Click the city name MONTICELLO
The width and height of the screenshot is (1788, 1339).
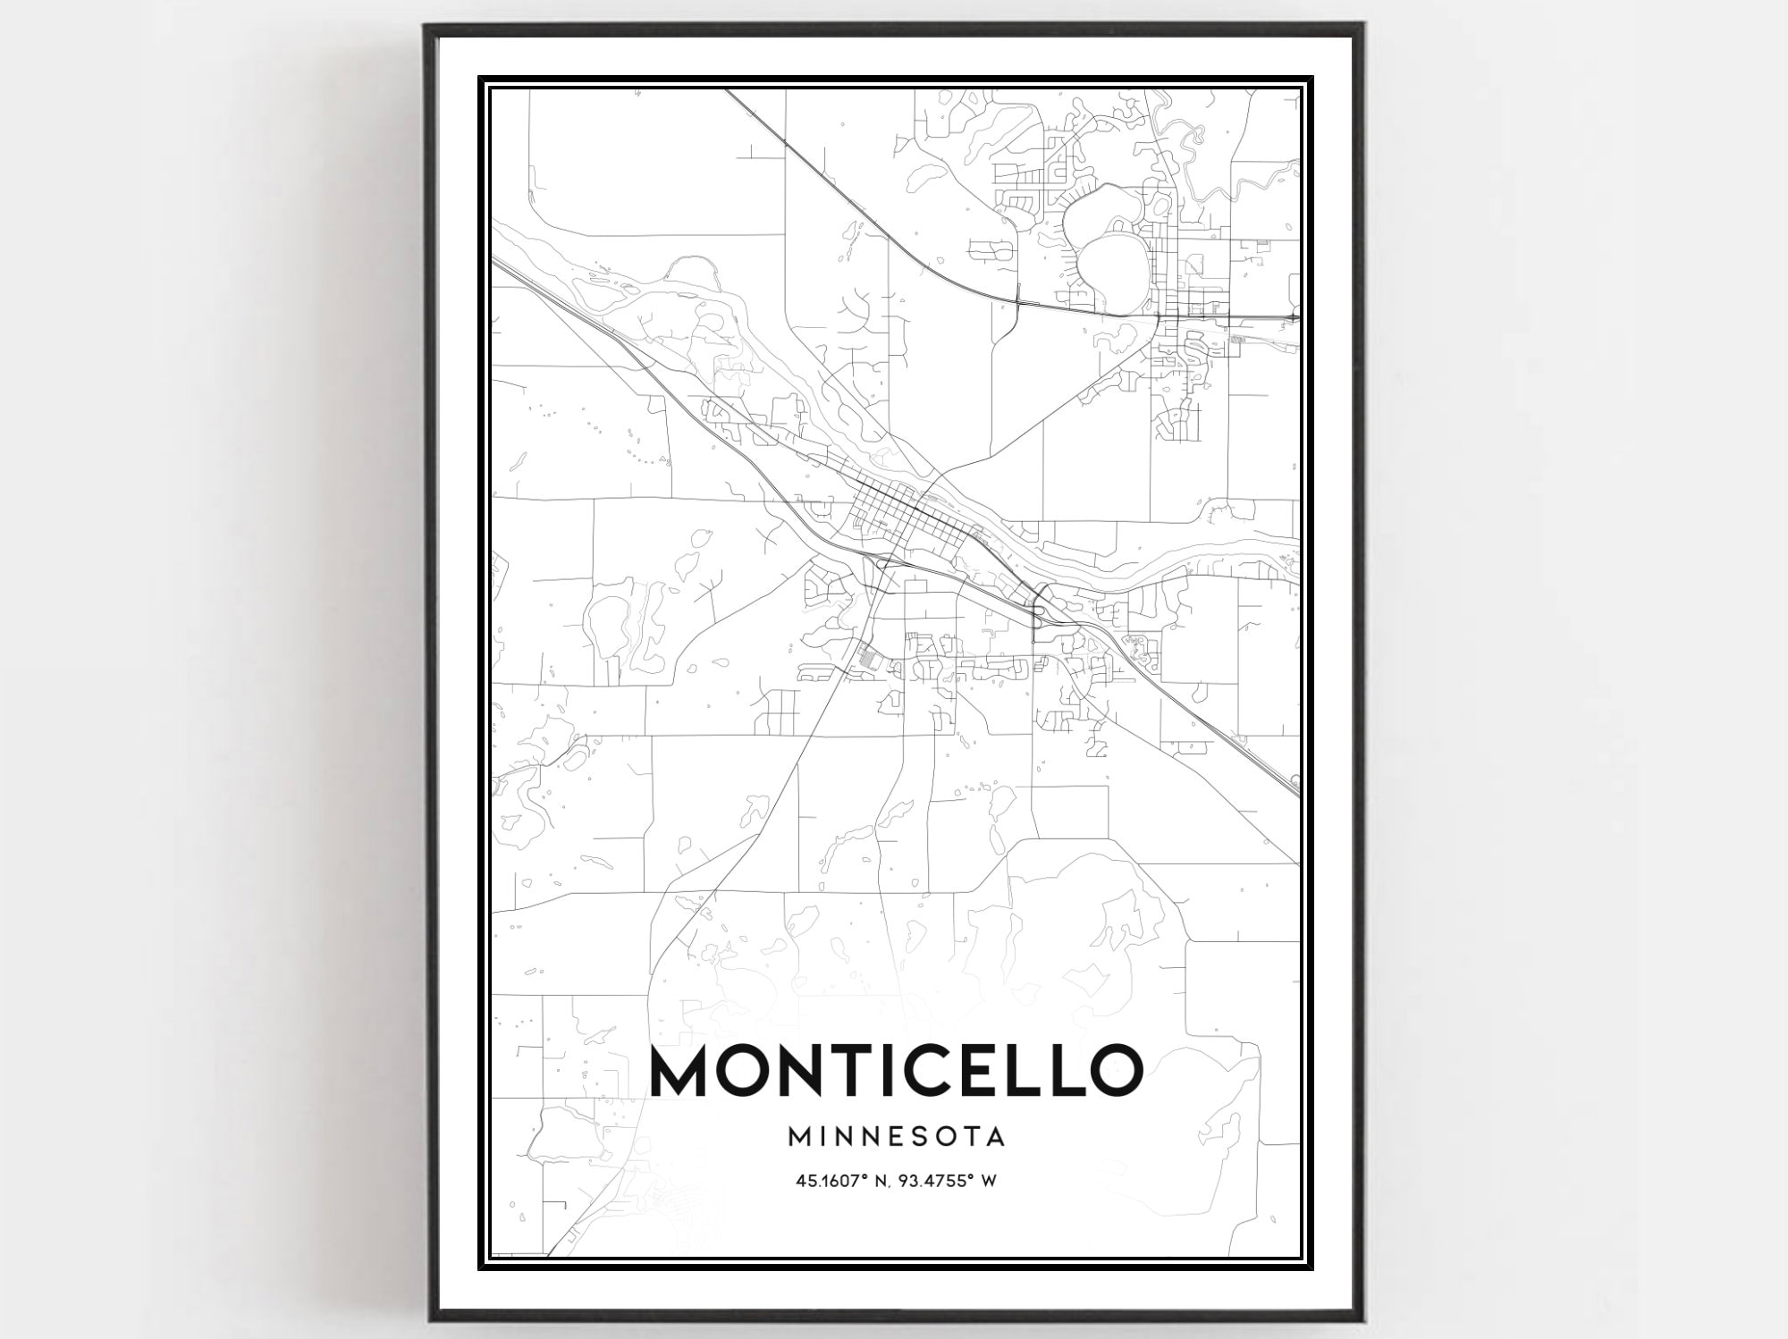point(897,1070)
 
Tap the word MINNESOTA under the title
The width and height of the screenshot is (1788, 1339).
point(897,1137)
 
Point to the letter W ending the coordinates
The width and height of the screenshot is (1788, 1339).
point(989,1181)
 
